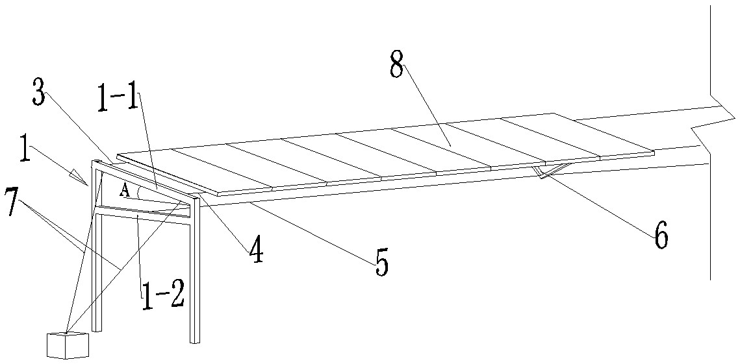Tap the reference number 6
(659, 235)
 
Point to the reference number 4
(257, 250)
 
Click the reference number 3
(38, 96)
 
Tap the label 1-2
(163, 295)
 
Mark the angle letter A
(124, 191)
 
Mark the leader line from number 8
(426, 104)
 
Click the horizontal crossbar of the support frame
(143, 211)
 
